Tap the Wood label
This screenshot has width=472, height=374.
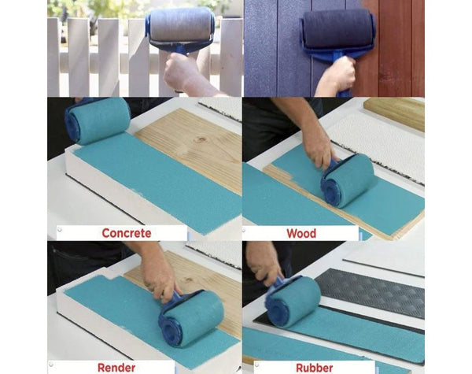(301, 233)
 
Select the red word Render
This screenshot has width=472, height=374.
(116, 367)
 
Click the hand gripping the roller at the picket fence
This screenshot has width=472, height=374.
(183, 73)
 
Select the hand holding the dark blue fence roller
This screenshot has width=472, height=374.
(337, 76)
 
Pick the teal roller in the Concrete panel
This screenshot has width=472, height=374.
(98, 120)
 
